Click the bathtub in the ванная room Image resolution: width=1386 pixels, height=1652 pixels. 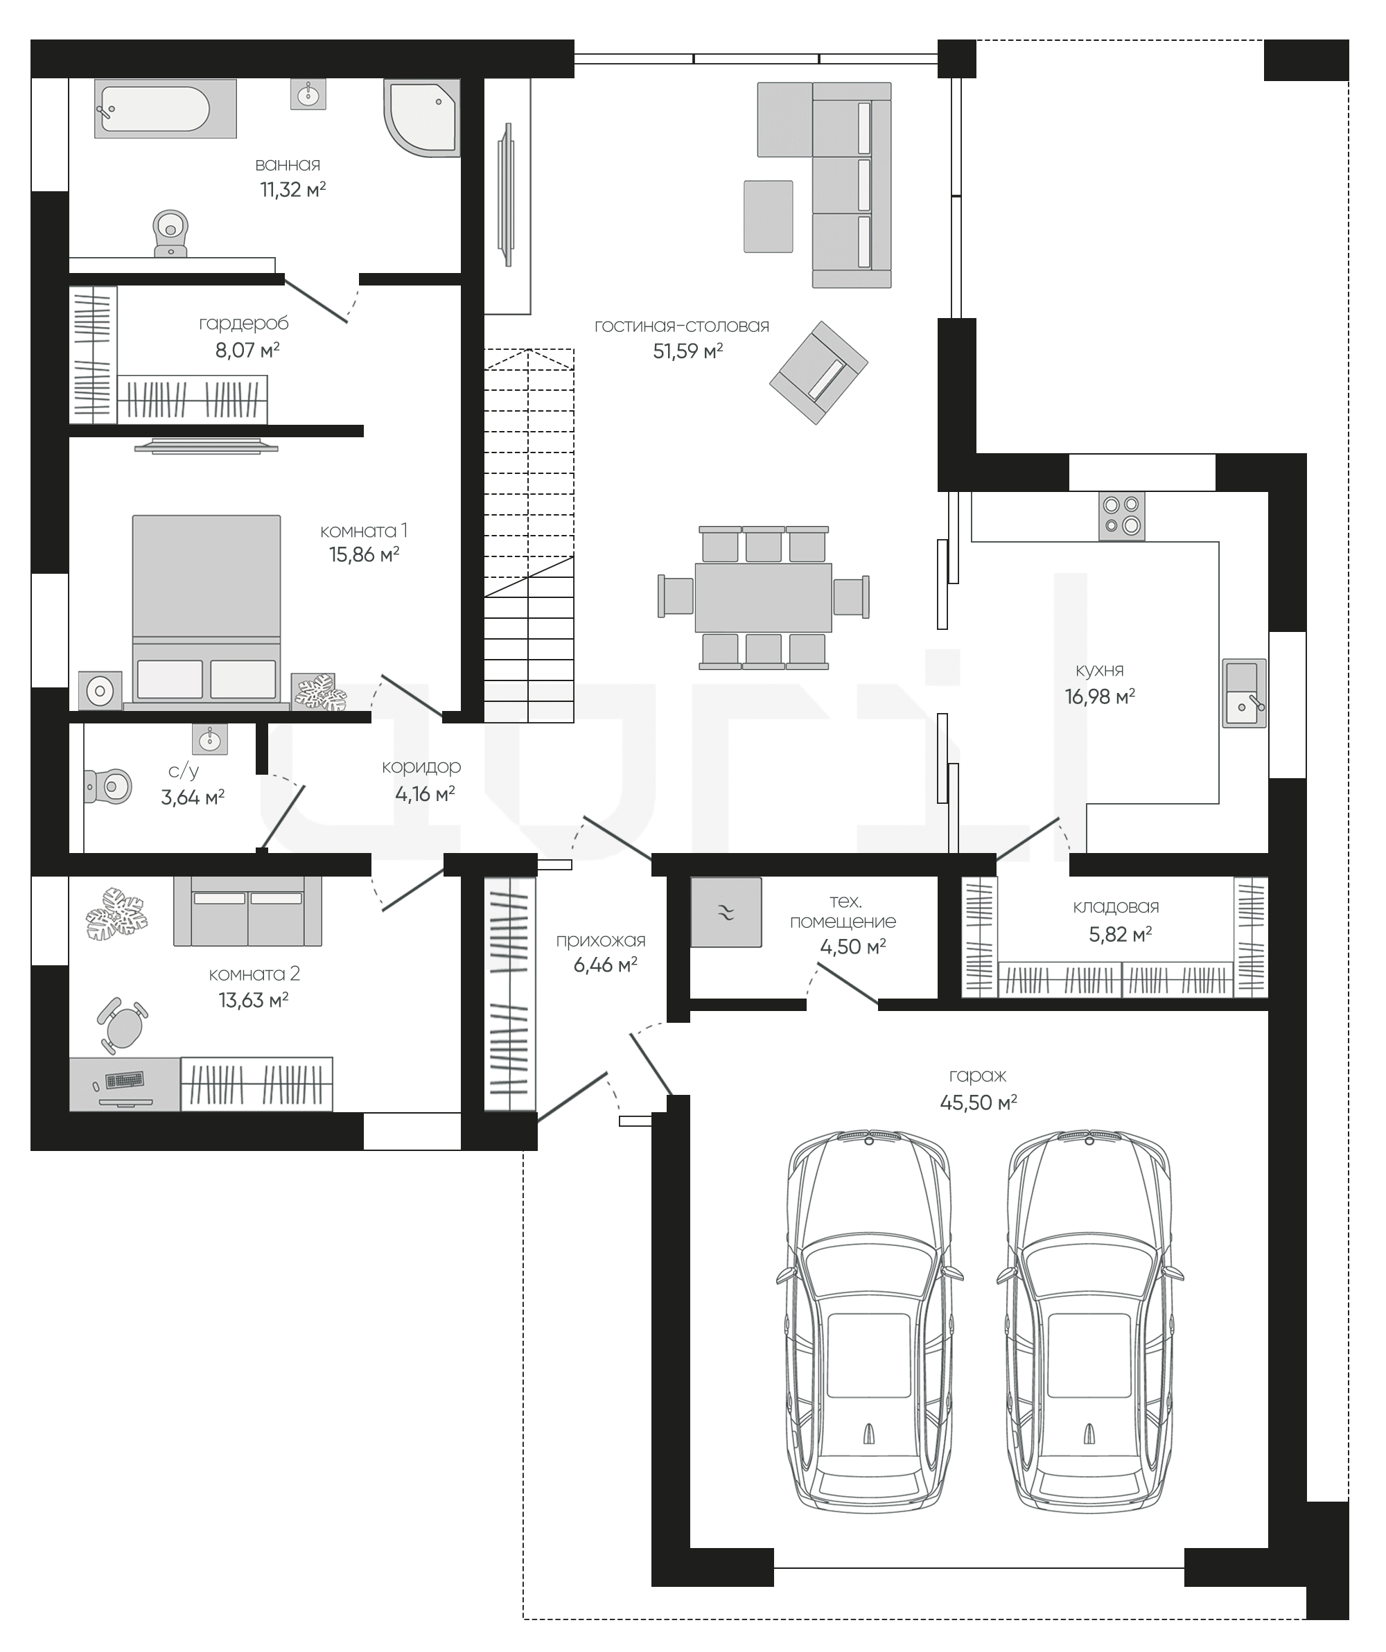click(x=165, y=109)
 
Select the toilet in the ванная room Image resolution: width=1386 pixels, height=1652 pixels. click(x=170, y=233)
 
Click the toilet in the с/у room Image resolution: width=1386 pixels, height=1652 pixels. click(x=108, y=786)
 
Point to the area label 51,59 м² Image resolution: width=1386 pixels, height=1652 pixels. click(x=687, y=351)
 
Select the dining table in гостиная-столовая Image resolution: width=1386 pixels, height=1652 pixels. click(x=763, y=597)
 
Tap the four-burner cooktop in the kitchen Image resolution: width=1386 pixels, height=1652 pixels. click(x=1122, y=516)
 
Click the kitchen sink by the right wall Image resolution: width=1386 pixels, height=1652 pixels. click(x=1244, y=693)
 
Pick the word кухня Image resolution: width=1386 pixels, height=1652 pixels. click(x=1100, y=670)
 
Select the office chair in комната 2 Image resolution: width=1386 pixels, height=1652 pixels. click(x=123, y=1026)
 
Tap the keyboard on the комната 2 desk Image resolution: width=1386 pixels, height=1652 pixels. click(x=125, y=1080)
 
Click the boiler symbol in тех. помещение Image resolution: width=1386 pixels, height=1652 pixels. click(x=726, y=913)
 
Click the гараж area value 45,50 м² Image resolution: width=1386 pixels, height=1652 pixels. click(x=979, y=1102)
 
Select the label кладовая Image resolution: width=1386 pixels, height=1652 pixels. click(x=1116, y=906)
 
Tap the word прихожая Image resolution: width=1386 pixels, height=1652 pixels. click(x=600, y=941)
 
